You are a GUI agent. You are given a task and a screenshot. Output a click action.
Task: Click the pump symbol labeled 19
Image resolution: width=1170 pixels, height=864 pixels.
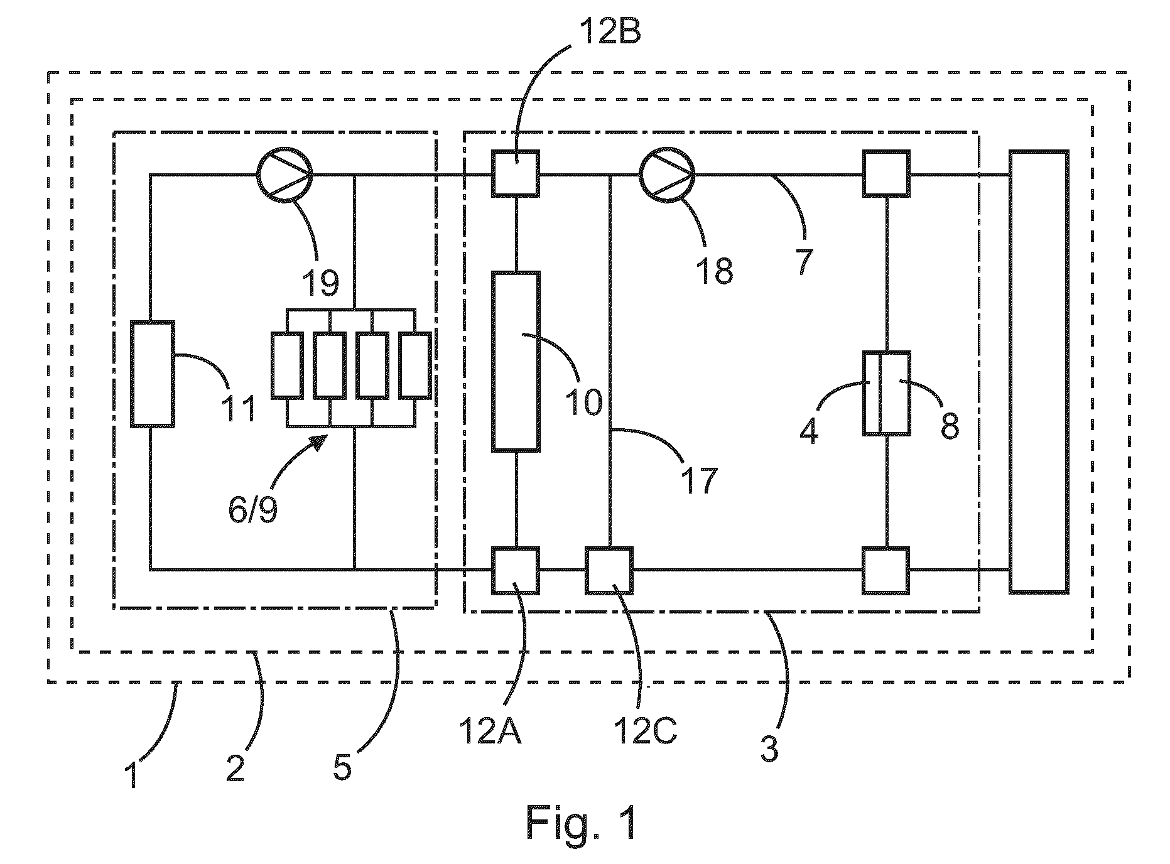[284, 174]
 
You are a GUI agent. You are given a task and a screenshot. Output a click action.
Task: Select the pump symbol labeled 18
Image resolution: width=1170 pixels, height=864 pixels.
[668, 174]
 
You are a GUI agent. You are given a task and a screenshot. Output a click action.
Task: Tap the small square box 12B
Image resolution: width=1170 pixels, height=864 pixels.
[516, 173]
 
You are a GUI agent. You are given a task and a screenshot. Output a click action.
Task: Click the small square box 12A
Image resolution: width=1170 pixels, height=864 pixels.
[516, 570]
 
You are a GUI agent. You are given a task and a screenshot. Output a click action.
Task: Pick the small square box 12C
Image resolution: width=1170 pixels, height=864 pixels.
[609, 570]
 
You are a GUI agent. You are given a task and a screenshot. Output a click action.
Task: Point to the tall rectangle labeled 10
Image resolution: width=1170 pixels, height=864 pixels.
[516, 362]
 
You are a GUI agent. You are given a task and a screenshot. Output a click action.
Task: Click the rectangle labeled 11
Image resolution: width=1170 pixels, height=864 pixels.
[153, 374]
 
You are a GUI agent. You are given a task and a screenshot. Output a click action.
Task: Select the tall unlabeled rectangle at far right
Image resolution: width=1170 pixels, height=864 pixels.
[1039, 372]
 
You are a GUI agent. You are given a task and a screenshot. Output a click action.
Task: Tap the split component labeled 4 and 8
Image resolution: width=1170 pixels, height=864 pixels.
[886, 393]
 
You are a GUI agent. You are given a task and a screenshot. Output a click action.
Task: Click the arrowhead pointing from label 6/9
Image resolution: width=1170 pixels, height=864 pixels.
[319, 442]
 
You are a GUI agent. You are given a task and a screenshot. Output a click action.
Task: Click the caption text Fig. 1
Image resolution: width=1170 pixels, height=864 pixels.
[581, 823]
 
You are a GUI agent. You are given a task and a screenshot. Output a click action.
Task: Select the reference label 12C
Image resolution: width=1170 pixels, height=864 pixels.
[647, 730]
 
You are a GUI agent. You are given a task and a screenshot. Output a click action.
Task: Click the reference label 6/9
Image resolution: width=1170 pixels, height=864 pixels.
[253, 509]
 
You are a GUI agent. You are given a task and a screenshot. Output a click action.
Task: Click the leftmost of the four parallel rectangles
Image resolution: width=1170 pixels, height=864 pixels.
[287, 366]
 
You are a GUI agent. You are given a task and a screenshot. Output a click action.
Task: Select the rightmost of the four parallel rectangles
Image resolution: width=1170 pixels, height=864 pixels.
[415, 366]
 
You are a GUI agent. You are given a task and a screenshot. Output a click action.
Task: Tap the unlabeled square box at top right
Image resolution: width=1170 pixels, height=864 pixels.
[886, 173]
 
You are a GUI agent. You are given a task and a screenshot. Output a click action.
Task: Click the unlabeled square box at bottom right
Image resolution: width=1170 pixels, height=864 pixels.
[886, 570]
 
